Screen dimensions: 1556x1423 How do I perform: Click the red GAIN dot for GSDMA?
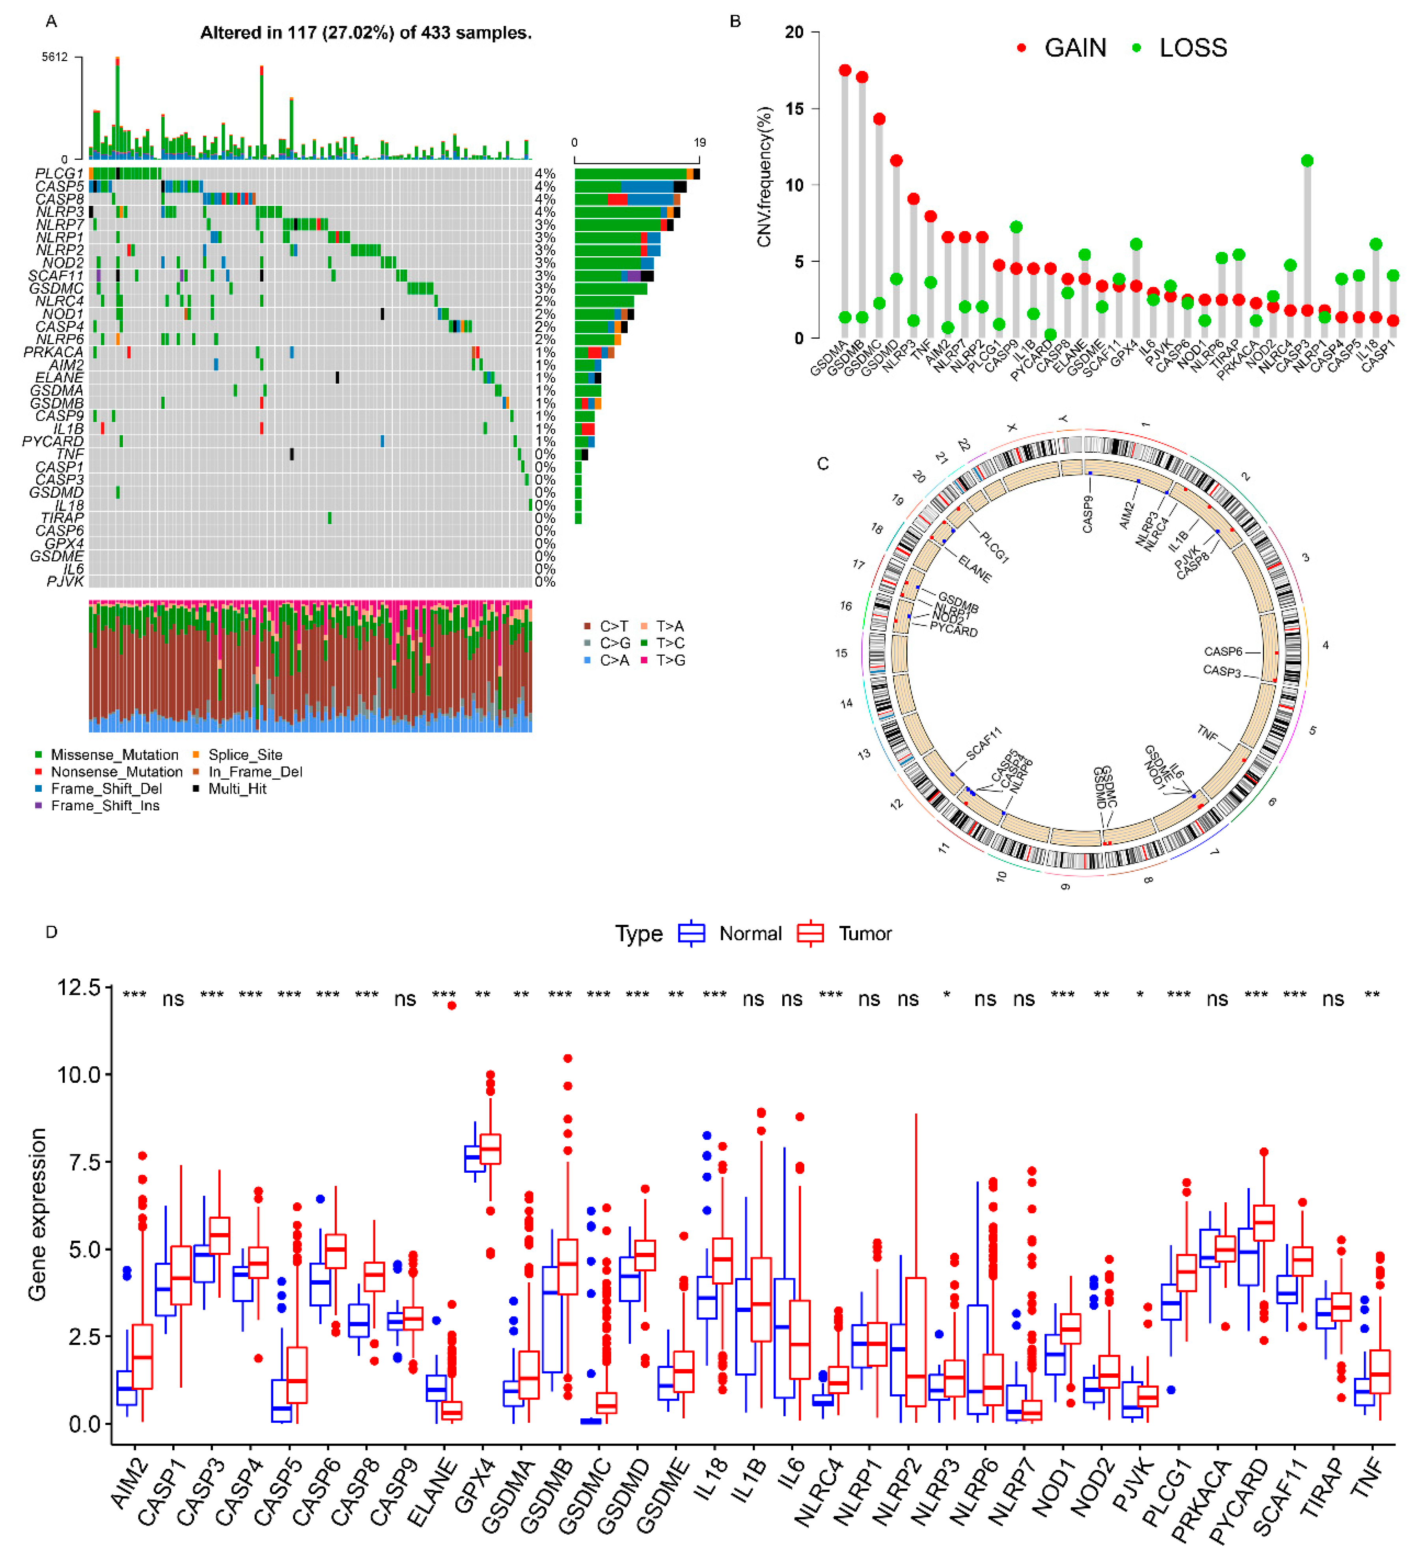845,70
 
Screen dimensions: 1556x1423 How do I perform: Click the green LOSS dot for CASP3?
1306,160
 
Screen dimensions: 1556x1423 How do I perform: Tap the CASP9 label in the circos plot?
1088,513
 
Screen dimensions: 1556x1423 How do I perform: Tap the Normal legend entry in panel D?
749,934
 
